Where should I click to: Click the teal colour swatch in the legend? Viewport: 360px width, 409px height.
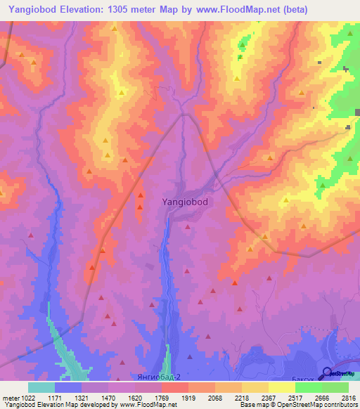(x=41, y=387)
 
